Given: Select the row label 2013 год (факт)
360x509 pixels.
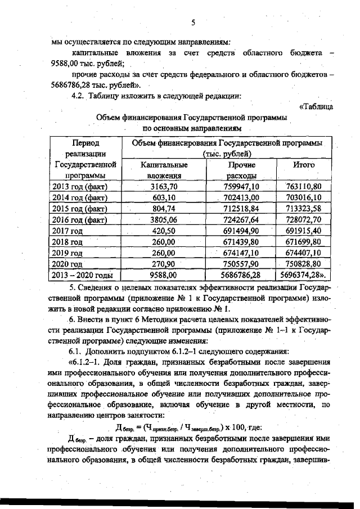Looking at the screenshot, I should tap(79, 186).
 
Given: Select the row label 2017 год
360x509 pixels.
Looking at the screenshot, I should tap(67, 231).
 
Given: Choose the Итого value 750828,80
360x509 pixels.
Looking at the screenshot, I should tap(303, 264).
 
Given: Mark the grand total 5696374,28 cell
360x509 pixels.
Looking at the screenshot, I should tap(304, 276).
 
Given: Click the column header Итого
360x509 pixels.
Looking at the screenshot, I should tap(304, 165).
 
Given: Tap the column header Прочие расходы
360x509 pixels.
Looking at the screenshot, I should tap(242, 170).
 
